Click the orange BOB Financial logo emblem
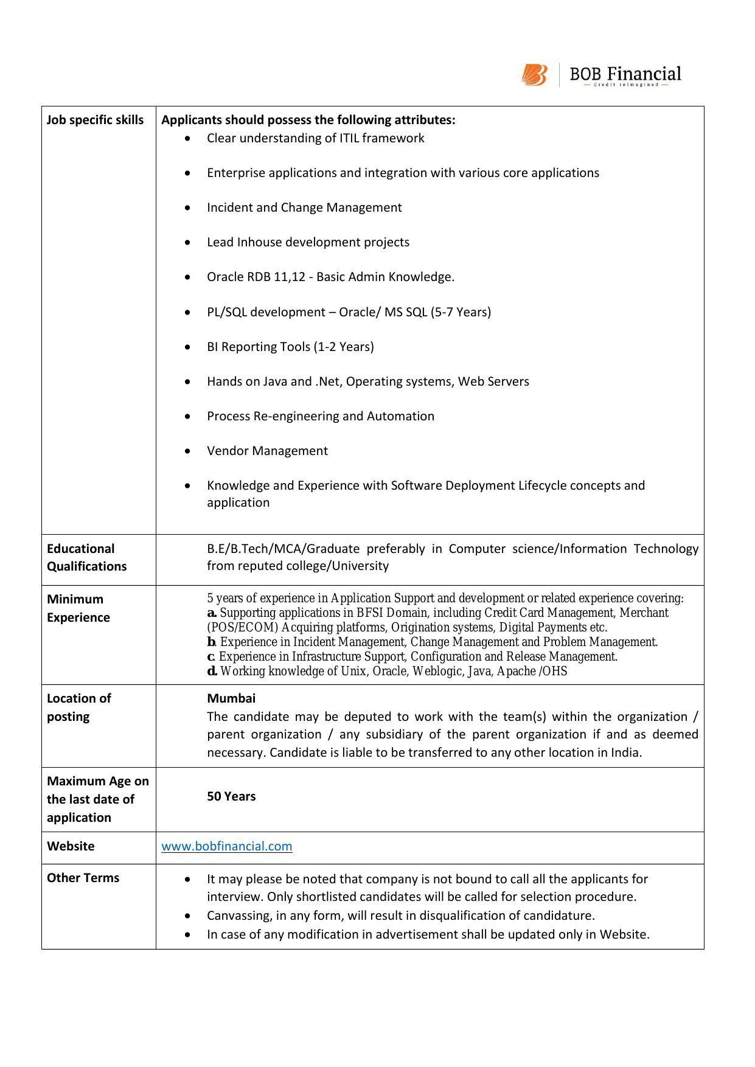[x=534, y=75]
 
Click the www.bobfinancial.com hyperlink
[x=226, y=846]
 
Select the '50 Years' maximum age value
[x=231, y=796]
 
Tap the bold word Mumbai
[x=231, y=698]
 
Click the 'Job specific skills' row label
[x=96, y=120]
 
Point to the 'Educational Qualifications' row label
[x=86, y=557]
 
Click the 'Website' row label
[x=71, y=846]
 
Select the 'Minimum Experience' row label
[x=78, y=608]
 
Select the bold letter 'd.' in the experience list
[x=212, y=672]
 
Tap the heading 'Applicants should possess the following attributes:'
[x=308, y=120]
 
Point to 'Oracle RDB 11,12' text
[x=259, y=277]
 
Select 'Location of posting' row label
[x=79, y=707]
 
